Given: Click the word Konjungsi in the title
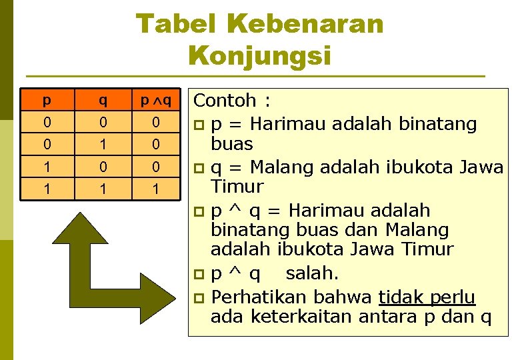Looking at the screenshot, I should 259,55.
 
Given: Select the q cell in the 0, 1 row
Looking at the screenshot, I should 102,144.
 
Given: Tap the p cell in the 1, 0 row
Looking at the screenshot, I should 46,166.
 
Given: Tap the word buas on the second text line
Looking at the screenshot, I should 231,144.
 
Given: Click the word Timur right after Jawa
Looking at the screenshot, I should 237,187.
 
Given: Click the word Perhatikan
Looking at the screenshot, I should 260,296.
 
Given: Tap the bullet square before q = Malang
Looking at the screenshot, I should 199,167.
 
